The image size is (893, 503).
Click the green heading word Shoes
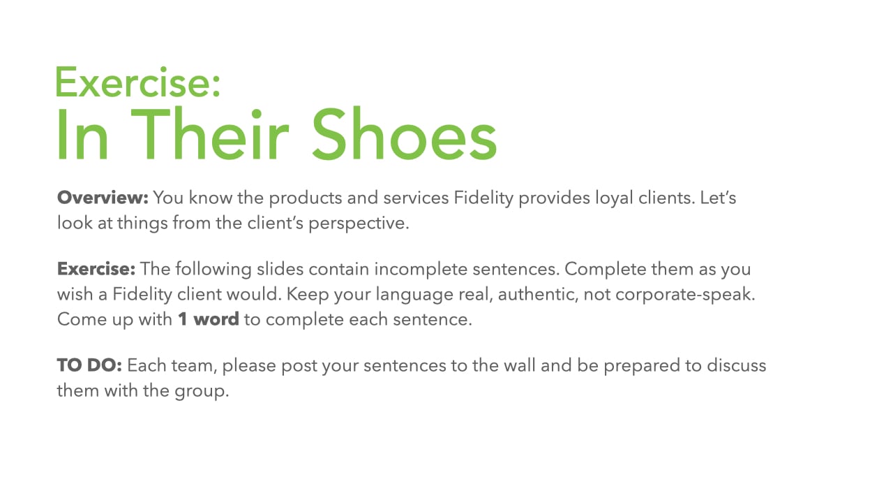click(x=404, y=133)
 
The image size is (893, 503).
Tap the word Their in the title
click(x=210, y=133)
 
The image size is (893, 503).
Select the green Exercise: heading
click(x=138, y=82)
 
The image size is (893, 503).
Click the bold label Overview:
click(x=103, y=198)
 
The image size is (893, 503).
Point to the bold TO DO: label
click(x=89, y=365)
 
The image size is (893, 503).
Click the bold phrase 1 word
click(x=209, y=319)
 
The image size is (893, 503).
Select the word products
click(x=306, y=198)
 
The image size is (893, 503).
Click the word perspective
click(x=359, y=224)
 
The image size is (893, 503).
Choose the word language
click(x=414, y=295)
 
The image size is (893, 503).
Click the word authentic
click(x=538, y=294)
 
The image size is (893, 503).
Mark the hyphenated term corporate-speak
click(x=685, y=295)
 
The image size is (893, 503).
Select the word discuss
click(x=737, y=365)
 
